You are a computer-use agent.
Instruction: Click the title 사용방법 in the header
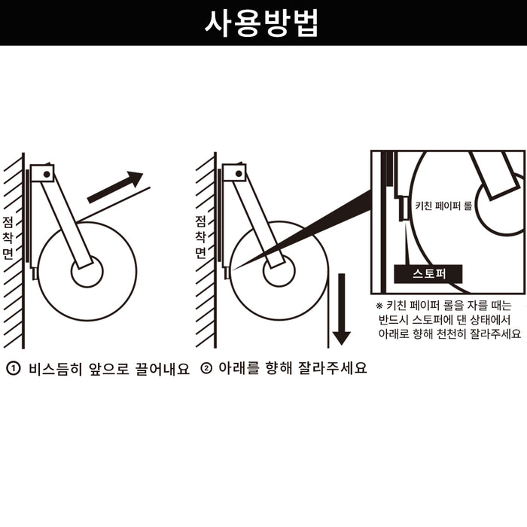point(263,23)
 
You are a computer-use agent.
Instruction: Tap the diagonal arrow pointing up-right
point(115,187)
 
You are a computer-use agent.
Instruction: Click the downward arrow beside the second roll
point(342,309)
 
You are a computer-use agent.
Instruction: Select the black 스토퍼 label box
point(429,273)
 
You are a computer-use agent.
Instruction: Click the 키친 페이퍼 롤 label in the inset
point(443,206)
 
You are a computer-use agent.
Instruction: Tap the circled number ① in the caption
point(14,370)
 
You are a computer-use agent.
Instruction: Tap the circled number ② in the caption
point(206,370)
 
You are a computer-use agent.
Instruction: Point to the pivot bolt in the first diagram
point(47,174)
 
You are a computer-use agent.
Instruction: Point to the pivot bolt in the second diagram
point(238,174)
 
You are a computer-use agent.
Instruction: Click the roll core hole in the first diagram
point(87,272)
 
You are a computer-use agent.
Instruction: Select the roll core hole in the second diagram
point(279,272)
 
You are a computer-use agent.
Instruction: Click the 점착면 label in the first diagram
point(8,237)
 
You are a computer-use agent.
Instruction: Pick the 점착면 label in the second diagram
point(200,237)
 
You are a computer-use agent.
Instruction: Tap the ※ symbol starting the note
point(379,306)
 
